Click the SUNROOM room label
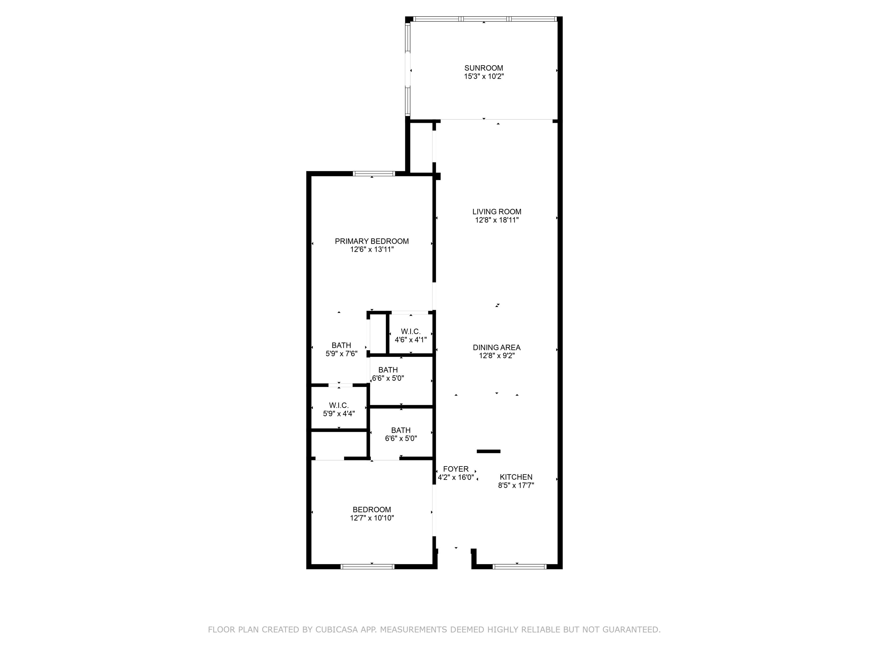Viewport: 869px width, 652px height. point(484,68)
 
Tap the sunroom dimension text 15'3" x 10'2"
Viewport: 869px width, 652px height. point(484,77)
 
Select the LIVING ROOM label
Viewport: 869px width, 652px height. point(496,212)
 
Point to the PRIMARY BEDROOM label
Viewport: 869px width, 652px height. point(372,241)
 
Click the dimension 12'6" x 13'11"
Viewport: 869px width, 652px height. point(372,249)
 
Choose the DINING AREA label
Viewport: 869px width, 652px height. point(496,347)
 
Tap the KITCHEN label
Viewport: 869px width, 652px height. point(516,477)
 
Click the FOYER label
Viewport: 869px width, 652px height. point(456,469)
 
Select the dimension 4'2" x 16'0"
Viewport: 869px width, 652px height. point(456,478)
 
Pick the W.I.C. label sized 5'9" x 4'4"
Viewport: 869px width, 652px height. point(339,405)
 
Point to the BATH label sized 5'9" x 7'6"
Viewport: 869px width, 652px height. point(341,345)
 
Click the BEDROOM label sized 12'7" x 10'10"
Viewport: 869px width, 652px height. point(372,510)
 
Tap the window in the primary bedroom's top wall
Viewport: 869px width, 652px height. point(374,174)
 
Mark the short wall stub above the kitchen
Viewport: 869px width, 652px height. point(488,451)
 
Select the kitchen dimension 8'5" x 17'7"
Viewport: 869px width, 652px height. point(516,486)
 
